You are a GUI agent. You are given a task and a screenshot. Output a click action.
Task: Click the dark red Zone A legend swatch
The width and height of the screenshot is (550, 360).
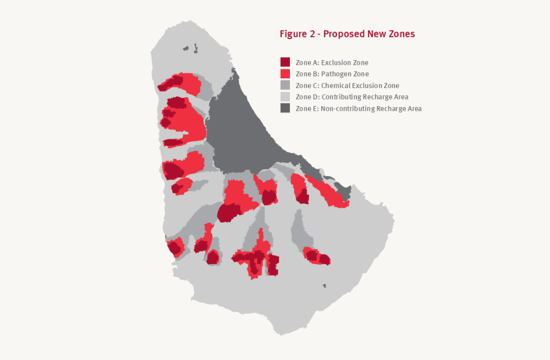coord(285,62)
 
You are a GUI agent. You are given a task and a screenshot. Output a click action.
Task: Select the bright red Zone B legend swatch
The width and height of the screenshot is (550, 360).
coord(285,74)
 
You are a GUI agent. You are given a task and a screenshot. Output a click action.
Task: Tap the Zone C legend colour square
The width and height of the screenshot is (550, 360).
coord(285,85)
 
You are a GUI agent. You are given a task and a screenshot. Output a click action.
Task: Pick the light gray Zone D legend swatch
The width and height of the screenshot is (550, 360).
coord(285,96)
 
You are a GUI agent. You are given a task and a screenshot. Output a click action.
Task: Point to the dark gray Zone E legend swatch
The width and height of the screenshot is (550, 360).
coord(285,108)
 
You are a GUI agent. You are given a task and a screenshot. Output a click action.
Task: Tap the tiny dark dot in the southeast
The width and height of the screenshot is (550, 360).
coord(324,286)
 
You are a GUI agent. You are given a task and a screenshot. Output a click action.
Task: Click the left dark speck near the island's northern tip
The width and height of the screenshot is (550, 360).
coord(186,49)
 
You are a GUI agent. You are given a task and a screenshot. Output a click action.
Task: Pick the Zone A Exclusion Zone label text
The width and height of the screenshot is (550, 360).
coord(332,63)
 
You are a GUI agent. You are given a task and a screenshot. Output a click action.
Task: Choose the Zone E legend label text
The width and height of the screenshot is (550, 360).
coord(358,109)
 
